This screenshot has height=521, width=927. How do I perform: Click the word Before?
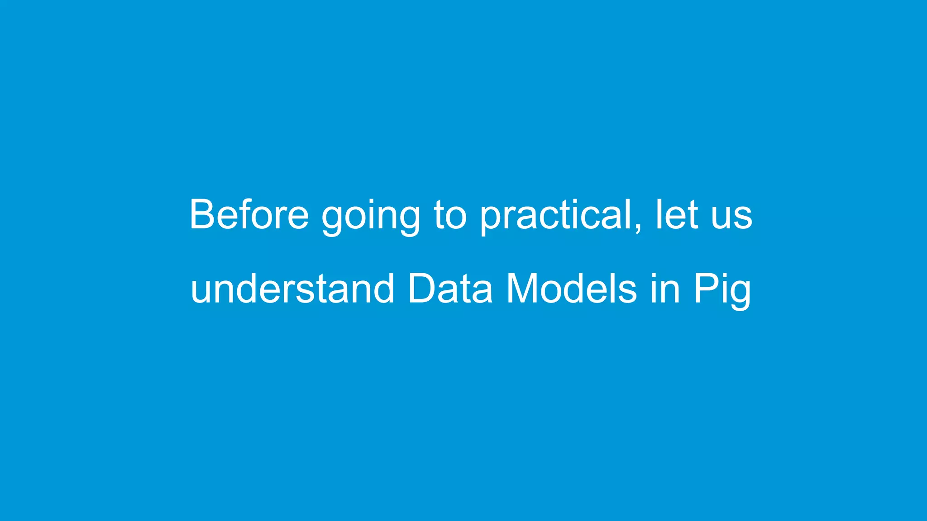[249, 214]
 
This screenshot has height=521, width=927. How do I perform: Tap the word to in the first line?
[450, 215]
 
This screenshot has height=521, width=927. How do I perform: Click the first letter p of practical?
[491, 219]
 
